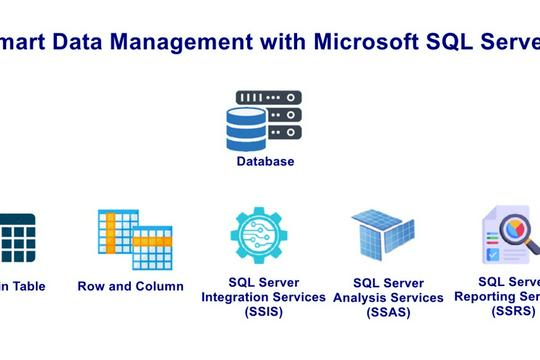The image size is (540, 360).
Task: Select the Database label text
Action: coord(265,161)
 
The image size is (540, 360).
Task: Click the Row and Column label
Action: coord(130,286)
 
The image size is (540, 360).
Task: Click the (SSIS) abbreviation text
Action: coord(264,313)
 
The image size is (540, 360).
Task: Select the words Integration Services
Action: coord(264,297)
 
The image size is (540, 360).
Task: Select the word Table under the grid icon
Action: coord(28,286)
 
